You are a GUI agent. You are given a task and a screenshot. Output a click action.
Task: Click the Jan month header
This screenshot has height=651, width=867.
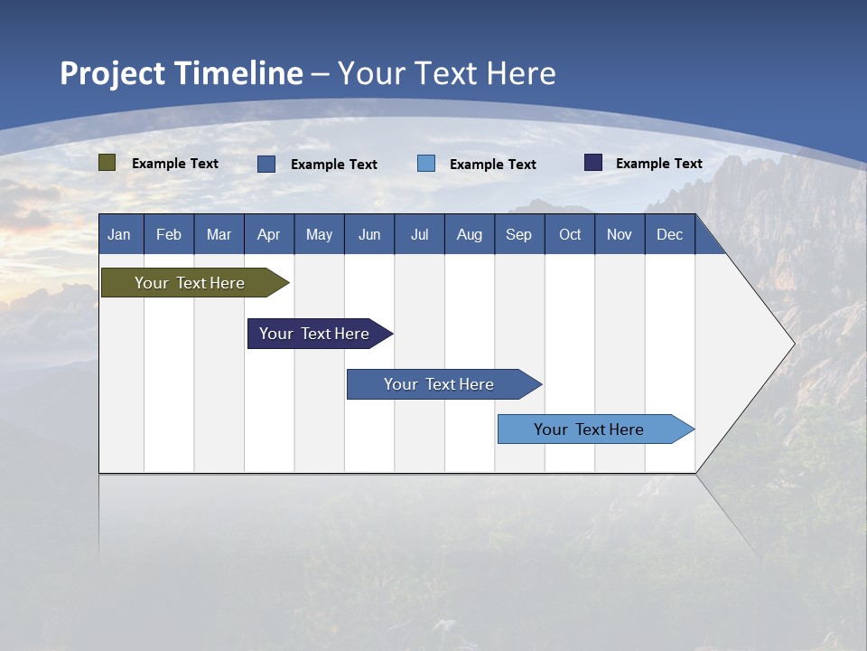119,234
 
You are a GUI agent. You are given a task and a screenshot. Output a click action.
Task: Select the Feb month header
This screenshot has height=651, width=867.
169,234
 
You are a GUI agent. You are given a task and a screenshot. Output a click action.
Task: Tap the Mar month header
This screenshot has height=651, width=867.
219,234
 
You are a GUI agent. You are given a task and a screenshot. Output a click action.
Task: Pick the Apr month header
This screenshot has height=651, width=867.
269,234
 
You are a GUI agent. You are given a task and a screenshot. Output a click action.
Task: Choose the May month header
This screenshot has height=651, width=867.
319,234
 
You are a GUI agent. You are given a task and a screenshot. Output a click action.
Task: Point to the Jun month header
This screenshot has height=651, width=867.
369,234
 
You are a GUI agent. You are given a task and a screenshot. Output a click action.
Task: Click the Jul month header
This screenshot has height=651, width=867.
419,234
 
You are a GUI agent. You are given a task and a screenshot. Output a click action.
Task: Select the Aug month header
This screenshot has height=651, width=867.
470,234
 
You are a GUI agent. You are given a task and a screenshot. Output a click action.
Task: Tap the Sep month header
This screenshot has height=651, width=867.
519,234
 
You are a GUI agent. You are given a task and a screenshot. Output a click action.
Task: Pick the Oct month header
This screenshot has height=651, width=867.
570,234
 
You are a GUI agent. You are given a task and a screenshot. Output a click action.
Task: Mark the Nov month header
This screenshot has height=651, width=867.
620,234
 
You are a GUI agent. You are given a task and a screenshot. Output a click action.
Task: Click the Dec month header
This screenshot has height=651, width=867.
670,234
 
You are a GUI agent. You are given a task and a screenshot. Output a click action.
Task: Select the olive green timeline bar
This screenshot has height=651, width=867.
191,283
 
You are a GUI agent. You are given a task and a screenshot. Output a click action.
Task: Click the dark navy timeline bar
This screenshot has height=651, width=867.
315,334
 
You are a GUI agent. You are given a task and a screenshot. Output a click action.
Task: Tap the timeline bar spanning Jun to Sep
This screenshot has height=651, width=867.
440,384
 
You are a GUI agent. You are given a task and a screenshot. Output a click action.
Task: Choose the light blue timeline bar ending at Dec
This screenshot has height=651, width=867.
590,429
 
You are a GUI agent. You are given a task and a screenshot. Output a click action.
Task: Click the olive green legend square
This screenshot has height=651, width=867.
107,163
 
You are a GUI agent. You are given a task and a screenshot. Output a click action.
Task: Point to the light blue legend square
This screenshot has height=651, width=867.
426,164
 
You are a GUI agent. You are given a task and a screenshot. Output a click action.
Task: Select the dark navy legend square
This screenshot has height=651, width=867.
593,163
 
